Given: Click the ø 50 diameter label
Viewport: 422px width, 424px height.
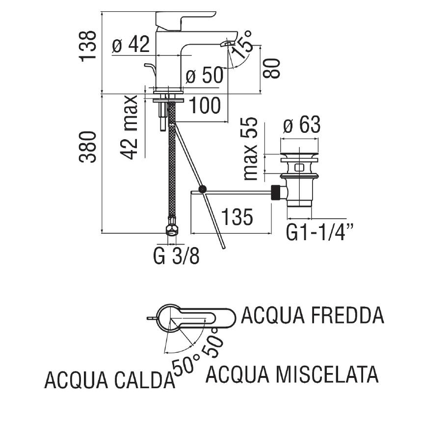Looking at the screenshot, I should click(205, 76).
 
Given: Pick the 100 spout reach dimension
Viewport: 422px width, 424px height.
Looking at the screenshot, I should click(205, 105).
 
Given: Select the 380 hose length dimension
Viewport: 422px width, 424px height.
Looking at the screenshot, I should click(89, 147).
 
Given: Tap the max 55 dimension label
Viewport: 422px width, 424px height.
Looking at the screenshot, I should click(250, 148).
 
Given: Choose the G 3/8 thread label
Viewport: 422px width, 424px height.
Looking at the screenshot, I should click(176, 256).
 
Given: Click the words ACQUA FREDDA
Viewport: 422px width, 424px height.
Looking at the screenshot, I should click(313, 316).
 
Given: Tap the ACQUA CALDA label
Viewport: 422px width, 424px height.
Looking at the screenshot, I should click(109, 380).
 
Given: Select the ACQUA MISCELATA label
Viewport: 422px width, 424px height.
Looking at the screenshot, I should click(292, 374).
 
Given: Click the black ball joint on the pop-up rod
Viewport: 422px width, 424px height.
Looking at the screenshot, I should click(202, 189).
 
